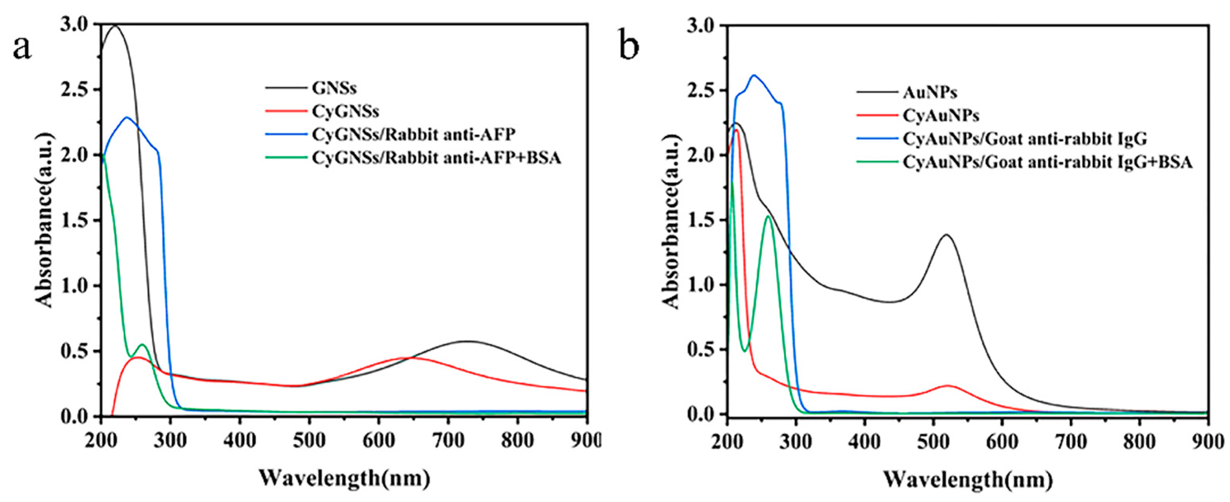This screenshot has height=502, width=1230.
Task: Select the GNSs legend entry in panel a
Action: [x=334, y=88]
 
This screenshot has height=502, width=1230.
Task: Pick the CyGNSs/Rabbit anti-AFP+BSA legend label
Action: [x=436, y=158]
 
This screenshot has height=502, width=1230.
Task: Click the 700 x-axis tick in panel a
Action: [x=448, y=441]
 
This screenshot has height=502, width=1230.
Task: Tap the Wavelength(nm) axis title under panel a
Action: [x=344, y=478]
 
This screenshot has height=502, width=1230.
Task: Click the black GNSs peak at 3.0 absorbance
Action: [x=115, y=25]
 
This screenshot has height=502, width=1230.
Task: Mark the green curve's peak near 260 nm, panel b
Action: [x=768, y=216]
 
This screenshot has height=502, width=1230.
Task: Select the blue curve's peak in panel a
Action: [x=126, y=117]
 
